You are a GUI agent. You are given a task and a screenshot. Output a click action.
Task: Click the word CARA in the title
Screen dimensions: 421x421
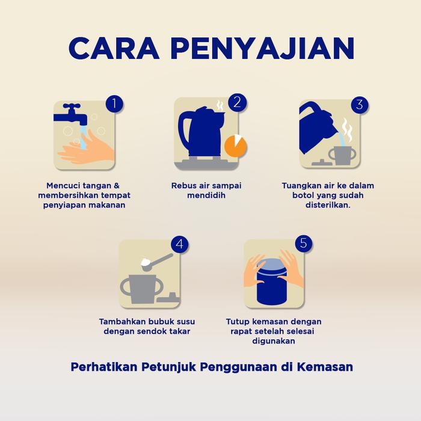tap(114, 48)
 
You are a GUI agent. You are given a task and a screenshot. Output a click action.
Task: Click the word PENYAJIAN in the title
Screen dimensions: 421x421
tap(263, 48)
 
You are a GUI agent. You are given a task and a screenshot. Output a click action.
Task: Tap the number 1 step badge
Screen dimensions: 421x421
tap(114, 103)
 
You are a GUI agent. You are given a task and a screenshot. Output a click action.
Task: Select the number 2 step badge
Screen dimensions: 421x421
tap(237, 102)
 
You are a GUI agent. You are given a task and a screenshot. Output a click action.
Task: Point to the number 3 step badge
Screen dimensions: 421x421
tap(360, 105)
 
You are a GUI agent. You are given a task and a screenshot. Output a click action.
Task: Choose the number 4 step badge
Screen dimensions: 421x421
tap(180, 244)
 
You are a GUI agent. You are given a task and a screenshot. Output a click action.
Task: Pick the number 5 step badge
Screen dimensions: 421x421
tap(303, 243)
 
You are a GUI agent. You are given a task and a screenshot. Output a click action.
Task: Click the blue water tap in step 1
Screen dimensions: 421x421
tap(70, 114)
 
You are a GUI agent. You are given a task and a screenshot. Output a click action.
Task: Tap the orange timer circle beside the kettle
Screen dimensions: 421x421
tap(236, 146)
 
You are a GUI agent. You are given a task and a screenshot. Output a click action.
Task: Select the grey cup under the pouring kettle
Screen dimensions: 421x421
tap(342, 155)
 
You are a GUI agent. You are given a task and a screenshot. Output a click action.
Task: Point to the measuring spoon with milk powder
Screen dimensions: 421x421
tap(156, 262)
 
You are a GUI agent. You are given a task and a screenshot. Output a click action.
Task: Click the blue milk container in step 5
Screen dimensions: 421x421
tap(272, 281)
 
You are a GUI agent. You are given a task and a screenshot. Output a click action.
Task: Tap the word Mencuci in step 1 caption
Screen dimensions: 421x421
tap(63, 186)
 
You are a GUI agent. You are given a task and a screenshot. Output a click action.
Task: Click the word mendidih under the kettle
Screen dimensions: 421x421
tap(206, 195)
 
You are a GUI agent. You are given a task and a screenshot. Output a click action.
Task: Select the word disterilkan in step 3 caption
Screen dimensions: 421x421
tap(328, 205)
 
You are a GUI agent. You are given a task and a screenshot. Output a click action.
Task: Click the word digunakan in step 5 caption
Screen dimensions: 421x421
tap(274, 341)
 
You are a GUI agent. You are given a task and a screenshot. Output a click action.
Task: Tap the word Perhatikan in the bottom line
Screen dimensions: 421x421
tap(104, 367)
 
